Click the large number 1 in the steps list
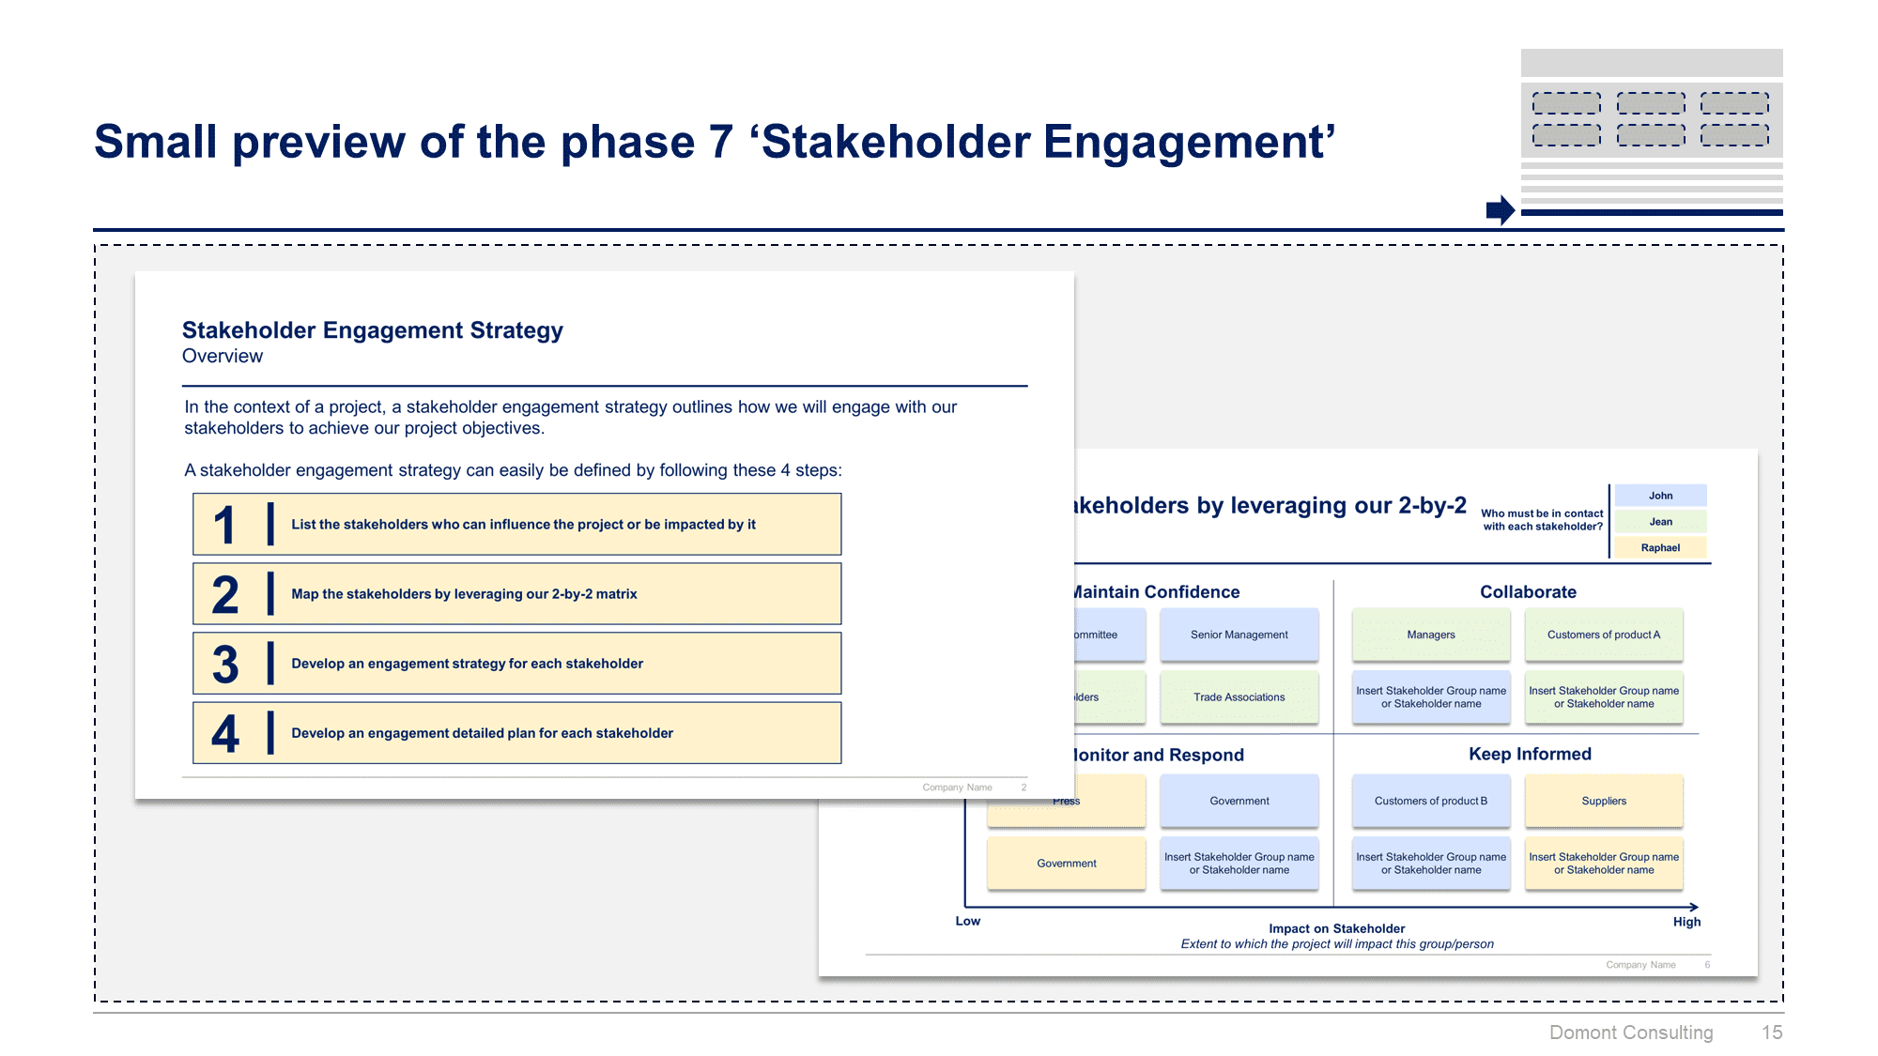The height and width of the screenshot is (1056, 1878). (x=223, y=525)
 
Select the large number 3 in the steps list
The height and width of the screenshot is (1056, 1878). (x=225, y=664)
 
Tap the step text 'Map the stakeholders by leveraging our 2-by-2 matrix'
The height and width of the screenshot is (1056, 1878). (x=464, y=594)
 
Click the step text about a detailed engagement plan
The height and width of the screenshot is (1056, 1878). (x=482, y=733)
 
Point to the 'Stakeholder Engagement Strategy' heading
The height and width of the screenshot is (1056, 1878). (x=373, y=330)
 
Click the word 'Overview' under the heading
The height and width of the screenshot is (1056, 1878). (x=223, y=357)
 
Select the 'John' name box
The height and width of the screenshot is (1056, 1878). (x=1660, y=496)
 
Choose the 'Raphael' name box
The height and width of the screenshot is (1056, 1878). (x=1660, y=548)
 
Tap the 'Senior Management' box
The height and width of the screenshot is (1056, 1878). (x=1239, y=635)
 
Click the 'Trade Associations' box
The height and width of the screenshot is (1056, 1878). (x=1239, y=697)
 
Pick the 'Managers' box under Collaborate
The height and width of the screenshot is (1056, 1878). (x=1430, y=635)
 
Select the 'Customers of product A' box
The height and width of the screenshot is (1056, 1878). (x=1603, y=635)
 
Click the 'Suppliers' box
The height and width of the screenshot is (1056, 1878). (x=1603, y=801)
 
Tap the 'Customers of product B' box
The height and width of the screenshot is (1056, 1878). (x=1430, y=801)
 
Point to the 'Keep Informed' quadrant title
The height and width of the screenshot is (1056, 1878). (x=1530, y=754)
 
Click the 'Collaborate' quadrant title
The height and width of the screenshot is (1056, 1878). (x=1528, y=592)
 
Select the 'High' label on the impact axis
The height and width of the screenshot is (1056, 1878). (x=1686, y=922)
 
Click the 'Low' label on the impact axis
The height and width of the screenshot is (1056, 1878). (x=967, y=921)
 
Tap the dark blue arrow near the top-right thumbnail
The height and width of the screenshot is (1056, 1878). (x=1500, y=210)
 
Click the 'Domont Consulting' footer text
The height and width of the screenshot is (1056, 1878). (x=1631, y=1033)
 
